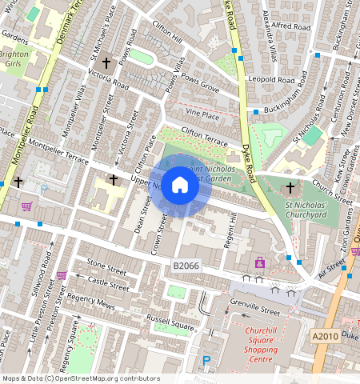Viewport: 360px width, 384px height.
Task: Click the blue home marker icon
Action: tap(180, 186)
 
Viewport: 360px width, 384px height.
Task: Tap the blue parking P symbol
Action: tap(206, 362)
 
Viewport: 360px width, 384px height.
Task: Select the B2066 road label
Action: tap(186, 264)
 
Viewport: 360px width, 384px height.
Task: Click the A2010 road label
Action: tap(326, 336)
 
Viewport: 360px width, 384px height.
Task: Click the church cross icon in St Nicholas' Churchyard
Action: tap(290, 188)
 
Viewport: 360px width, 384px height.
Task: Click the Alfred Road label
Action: tap(290, 26)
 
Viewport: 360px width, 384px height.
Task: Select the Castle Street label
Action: tap(108, 283)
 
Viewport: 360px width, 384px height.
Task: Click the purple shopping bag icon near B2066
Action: tap(259, 262)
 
